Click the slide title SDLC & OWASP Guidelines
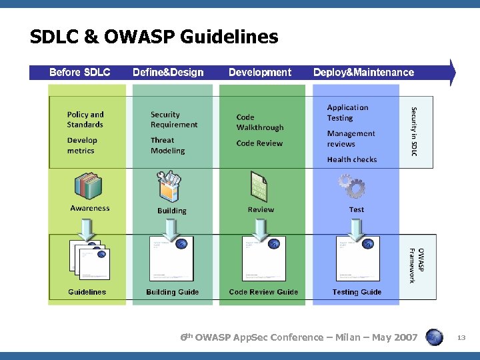click(x=154, y=37)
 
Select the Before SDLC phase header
click(x=80, y=72)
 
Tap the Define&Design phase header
click(x=168, y=72)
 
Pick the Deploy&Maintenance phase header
click(x=363, y=72)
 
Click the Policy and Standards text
click(x=85, y=119)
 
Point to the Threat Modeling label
click(x=167, y=145)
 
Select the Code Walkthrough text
click(x=259, y=122)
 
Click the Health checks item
click(x=351, y=159)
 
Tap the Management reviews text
click(x=351, y=139)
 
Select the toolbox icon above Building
click(x=170, y=187)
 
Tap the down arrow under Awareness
click(x=89, y=231)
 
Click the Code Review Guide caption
click(x=263, y=292)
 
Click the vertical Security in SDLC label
click(x=414, y=131)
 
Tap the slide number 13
click(x=461, y=339)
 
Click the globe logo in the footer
click(x=434, y=337)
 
